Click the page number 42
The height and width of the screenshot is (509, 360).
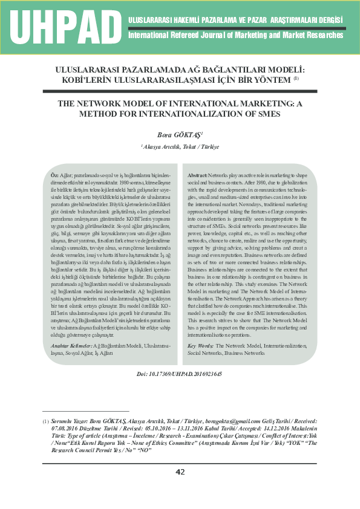tap(180, 472)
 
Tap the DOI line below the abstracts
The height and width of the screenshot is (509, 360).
tap(180, 374)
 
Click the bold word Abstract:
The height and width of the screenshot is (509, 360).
tap(198, 174)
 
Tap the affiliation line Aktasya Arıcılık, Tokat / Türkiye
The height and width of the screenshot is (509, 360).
tap(180, 147)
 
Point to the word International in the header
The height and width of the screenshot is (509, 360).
tap(151, 35)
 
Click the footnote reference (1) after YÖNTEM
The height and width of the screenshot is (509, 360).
tap(296, 77)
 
